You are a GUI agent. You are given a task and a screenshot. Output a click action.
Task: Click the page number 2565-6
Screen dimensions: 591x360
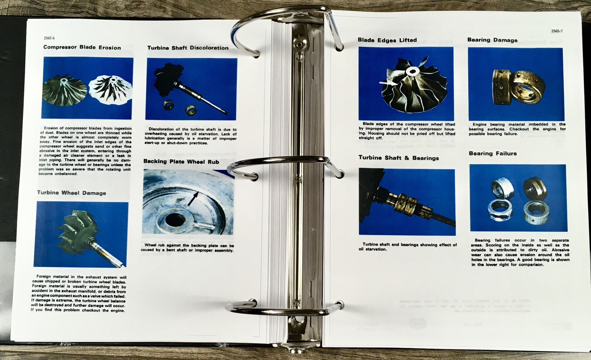pyautogui.click(x=49, y=38)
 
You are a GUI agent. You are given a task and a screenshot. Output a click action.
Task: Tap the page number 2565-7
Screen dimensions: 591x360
pyautogui.click(x=557, y=31)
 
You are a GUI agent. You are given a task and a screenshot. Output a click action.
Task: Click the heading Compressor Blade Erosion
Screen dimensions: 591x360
pyautogui.click(x=82, y=48)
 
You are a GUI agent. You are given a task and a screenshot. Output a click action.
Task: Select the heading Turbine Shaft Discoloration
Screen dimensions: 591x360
pyautogui.click(x=188, y=48)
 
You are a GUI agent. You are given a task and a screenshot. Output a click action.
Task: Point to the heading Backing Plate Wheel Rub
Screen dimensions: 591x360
pyautogui.click(x=181, y=162)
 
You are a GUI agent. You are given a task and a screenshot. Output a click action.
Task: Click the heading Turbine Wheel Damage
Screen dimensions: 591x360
pyautogui.click(x=72, y=193)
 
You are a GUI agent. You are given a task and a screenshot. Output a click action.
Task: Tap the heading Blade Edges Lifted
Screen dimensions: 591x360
pyautogui.click(x=387, y=40)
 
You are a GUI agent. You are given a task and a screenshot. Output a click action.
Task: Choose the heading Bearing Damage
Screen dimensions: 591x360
pyautogui.click(x=492, y=40)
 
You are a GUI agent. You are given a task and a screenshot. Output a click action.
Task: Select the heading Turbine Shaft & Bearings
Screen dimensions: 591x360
pyautogui.click(x=399, y=158)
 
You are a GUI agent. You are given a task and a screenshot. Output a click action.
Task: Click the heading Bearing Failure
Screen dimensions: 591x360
pyautogui.click(x=493, y=154)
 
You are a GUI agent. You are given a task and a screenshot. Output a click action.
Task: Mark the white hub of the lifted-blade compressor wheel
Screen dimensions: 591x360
pyautogui.click(x=411, y=71)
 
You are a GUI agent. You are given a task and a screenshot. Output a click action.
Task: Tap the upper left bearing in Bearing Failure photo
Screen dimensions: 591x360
pyautogui.click(x=502, y=188)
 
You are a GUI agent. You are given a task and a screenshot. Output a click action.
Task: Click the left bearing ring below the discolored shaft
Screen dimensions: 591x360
pyautogui.click(x=168, y=105)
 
